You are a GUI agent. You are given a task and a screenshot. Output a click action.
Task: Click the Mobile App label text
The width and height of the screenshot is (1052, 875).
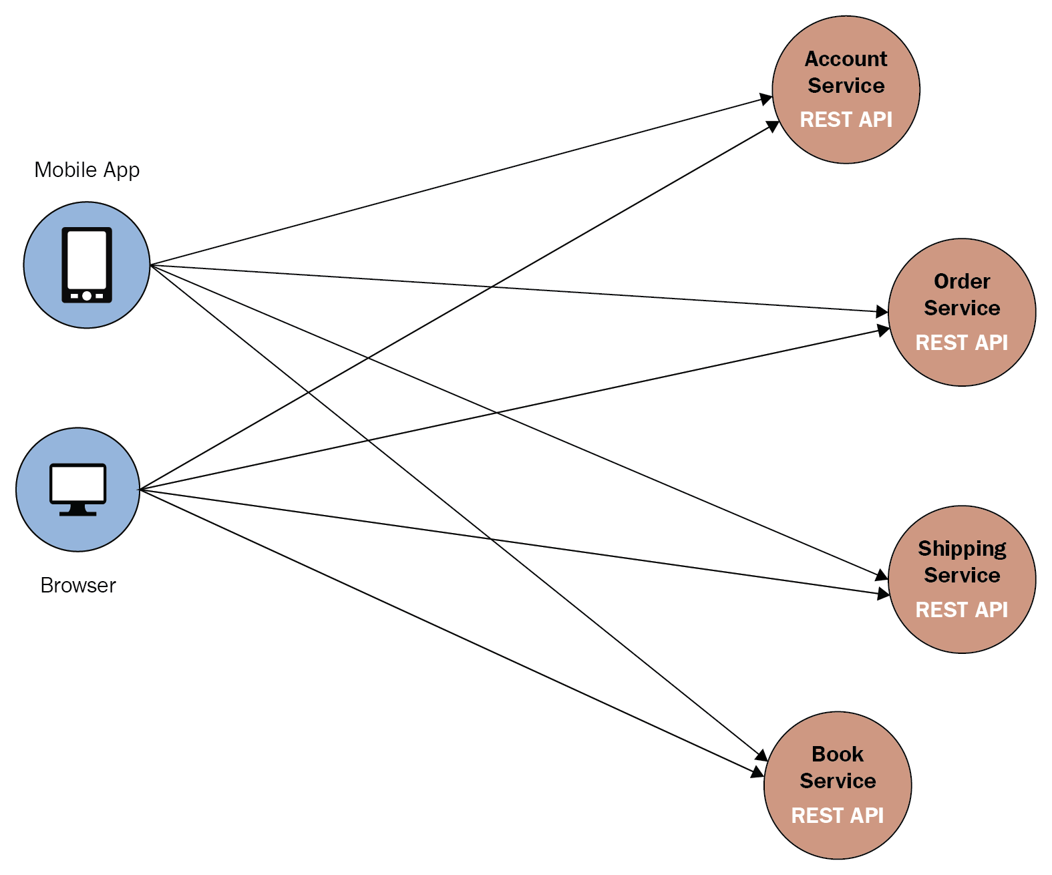click(87, 170)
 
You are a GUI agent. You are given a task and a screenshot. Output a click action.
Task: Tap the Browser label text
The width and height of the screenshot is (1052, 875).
click(78, 585)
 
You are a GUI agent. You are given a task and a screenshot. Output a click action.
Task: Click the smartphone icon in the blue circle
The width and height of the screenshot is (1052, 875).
click(87, 265)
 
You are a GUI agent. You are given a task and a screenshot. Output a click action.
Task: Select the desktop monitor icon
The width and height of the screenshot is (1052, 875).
click(78, 488)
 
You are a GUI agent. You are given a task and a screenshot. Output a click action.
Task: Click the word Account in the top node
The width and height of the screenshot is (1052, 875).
click(846, 59)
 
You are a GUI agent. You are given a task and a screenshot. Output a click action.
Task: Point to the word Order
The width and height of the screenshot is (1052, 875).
click(962, 281)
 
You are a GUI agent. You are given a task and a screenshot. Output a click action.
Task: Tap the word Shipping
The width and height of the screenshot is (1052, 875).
click(962, 548)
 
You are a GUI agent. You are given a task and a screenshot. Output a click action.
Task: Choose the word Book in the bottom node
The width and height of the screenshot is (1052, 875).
click(838, 754)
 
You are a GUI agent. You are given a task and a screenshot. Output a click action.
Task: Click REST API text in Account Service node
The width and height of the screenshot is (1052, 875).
click(846, 120)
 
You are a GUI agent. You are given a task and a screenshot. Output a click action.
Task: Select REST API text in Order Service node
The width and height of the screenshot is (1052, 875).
click(962, 343)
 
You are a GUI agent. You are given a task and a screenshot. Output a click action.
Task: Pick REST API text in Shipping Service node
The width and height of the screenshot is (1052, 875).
click(962, 610)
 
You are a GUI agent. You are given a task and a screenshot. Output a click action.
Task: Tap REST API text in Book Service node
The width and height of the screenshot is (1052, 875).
click(838, 816)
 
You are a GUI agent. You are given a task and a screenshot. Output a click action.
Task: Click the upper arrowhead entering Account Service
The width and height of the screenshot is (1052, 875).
click(767, 100)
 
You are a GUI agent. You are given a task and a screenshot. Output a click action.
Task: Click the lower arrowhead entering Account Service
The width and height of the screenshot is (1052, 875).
click(773, 126)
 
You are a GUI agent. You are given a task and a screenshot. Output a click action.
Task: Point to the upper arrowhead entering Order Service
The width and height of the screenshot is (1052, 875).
click(882, 311)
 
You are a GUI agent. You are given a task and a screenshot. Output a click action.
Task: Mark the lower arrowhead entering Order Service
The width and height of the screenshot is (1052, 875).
click(884, 329)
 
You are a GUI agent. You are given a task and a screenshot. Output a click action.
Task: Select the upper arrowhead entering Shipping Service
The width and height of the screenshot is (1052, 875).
click(882, 576)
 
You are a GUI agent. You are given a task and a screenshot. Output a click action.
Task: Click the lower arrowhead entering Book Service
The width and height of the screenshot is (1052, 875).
click(757, 773)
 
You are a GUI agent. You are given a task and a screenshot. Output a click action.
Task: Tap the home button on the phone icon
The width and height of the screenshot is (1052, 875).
click(87, 295)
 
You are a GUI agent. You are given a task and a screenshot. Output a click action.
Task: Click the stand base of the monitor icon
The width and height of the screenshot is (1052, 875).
click(78, 513)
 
